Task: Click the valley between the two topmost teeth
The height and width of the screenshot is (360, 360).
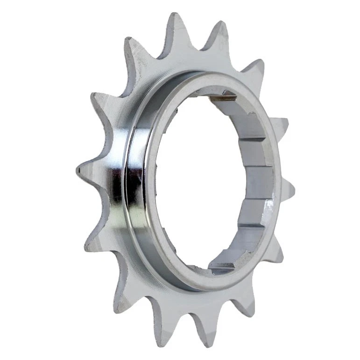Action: click(x=198, y=47)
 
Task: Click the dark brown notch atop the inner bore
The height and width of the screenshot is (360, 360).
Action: click(x=223, y=97)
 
